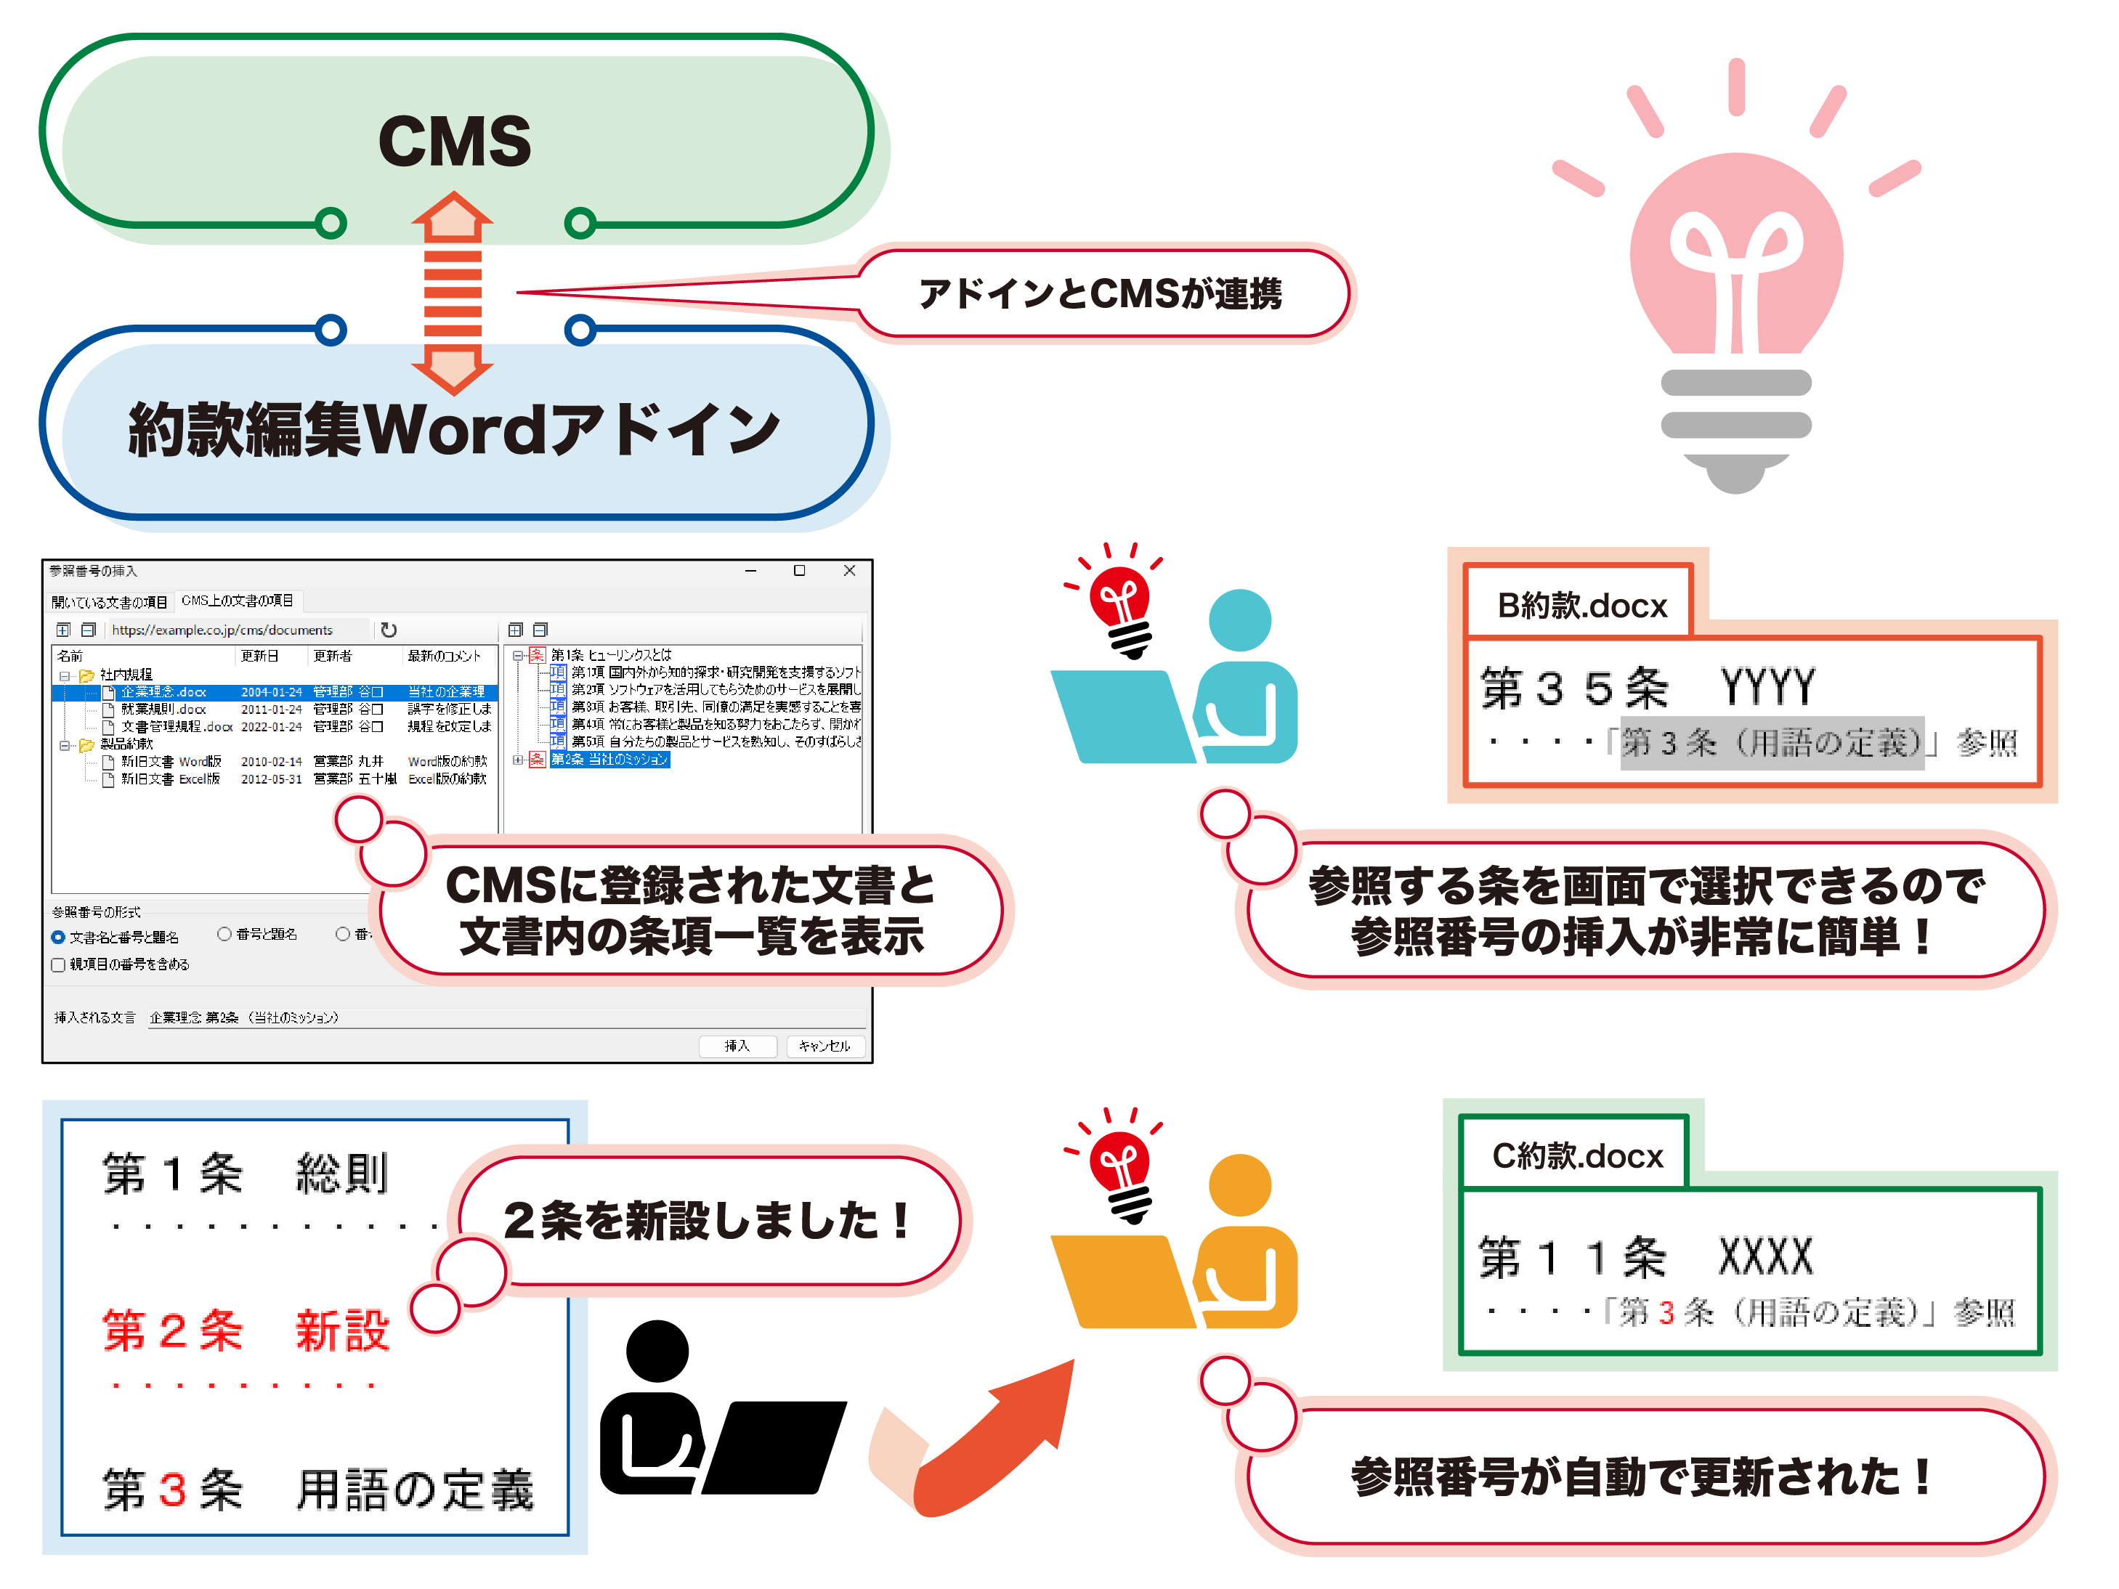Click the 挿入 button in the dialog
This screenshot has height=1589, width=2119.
[x=736, y=1046]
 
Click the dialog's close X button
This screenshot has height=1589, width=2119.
[x=848, y=571]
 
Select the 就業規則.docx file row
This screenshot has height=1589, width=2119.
[x=163, y=710]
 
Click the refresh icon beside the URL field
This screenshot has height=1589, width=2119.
[x=388, y=630]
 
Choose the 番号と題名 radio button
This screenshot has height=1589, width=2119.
[x=224, y=934]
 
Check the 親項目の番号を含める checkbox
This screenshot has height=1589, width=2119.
[x=58, y=965]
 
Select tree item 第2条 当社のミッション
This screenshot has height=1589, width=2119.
[x=609, y=760]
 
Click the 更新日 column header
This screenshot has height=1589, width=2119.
[x=259, y=656]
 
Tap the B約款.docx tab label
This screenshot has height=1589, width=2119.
[x=1581, y=606]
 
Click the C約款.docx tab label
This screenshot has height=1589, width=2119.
[x=1577, y=1156]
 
